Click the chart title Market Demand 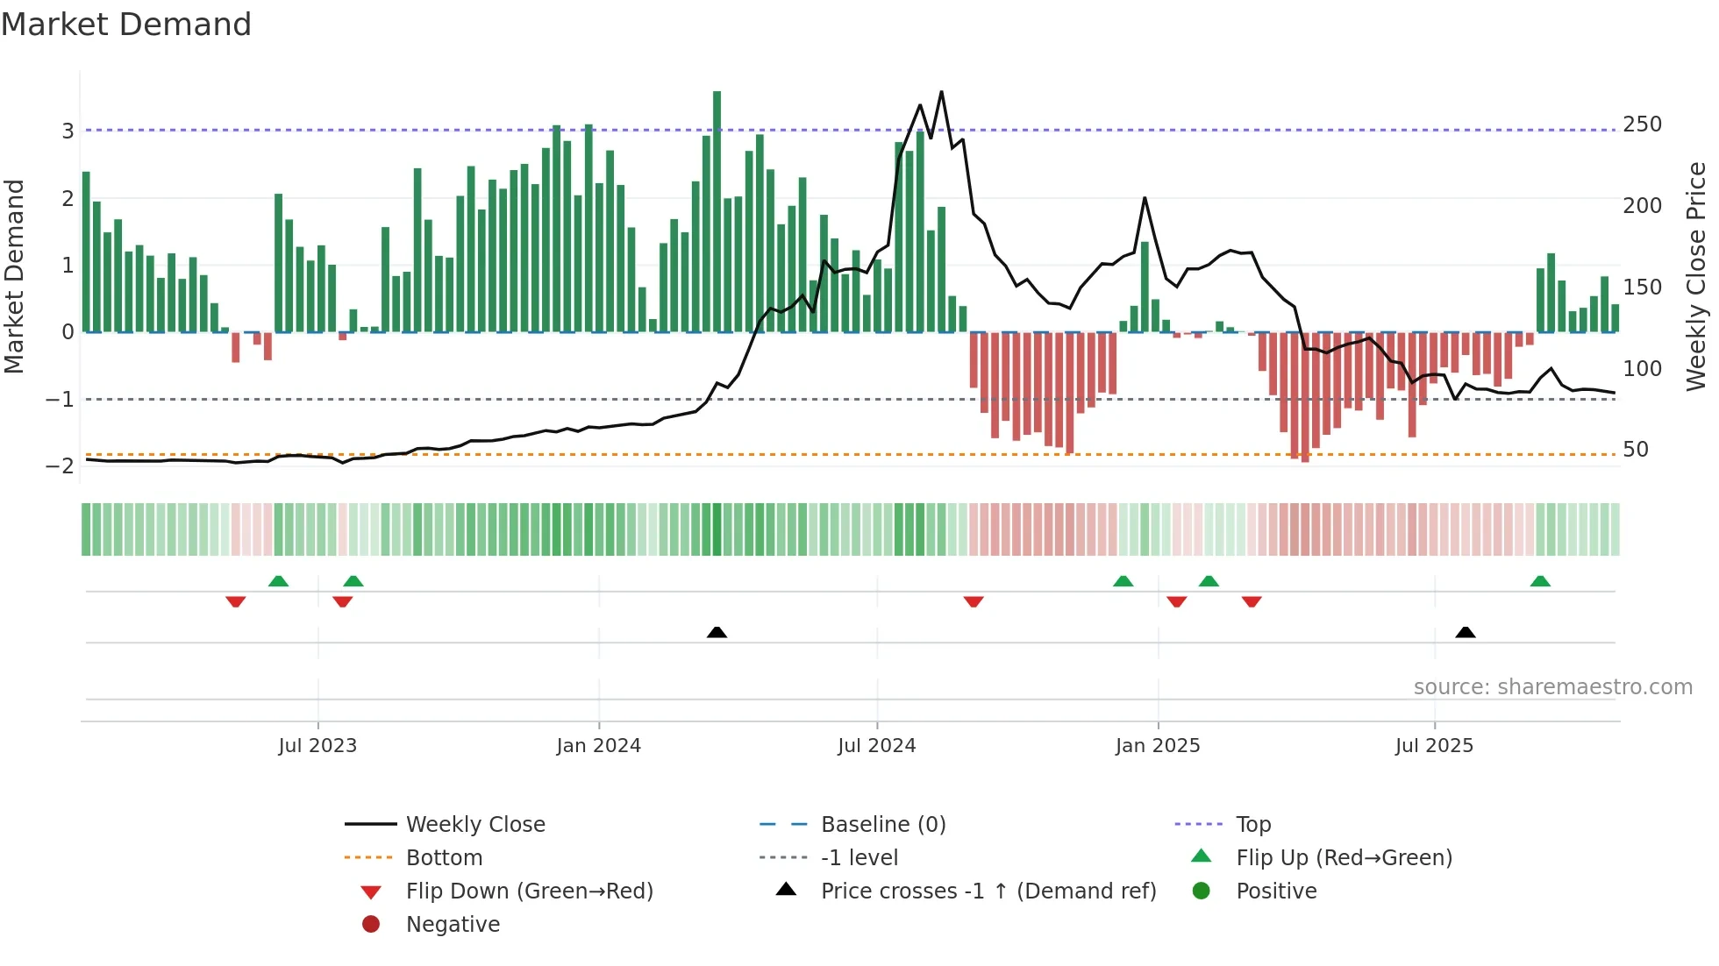126,25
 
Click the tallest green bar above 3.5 717,210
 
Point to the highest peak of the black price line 941,92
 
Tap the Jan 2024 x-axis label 599,746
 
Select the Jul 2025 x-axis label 1434,746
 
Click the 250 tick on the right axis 1642,124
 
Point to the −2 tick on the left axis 60,465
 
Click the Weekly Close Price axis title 1696,276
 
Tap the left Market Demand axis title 14,276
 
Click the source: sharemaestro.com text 1552,687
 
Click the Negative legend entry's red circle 371,925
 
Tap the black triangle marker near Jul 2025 1465,632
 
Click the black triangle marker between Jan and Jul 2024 717,632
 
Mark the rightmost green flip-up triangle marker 1540,581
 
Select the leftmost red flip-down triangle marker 235,601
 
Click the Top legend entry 1253,825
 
